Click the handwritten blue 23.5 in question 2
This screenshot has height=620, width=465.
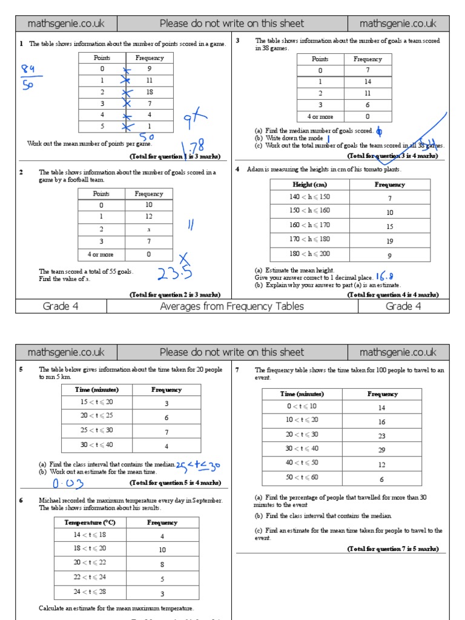(x=174, y=274)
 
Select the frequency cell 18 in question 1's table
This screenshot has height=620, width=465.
(x=149, y=92)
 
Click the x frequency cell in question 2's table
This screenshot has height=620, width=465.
(x=148, y=229)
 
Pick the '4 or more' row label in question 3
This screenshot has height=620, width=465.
(x=320, y=116)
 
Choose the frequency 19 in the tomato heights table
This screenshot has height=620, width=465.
(x=389, y=241)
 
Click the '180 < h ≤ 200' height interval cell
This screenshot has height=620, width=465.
(x=309, y=255)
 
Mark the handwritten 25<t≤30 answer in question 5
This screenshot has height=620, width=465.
(x=199, y=466)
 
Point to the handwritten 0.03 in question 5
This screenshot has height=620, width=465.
(x=68, y=484)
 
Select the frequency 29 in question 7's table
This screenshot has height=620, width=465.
(x=381, y=449)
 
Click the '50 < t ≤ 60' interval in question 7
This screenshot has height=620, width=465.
(x=302, y=478)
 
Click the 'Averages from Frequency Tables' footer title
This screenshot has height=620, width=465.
(x=232, y=306)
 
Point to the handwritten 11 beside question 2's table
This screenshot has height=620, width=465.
(x=190, y=225)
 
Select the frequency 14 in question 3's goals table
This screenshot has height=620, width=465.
(x=368, y=82)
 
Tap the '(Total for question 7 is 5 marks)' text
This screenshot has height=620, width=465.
(x=392, y=549)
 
